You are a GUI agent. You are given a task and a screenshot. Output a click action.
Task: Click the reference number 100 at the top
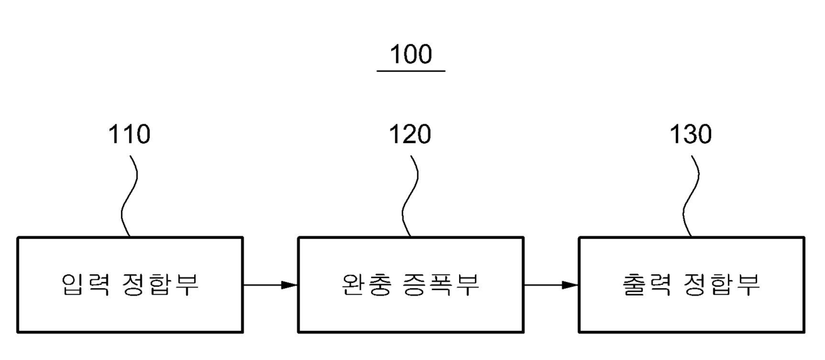[x=411, y=54]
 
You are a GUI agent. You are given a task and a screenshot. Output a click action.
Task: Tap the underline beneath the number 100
[x=411, y=71]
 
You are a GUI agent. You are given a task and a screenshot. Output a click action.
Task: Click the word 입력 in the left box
[x=85, y=284]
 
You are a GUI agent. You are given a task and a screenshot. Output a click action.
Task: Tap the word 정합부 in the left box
[x=160, y=284]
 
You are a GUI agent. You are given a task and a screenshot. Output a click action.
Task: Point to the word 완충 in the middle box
[x=366, y=284]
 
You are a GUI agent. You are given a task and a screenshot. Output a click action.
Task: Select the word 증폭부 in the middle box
[x=441, y=284]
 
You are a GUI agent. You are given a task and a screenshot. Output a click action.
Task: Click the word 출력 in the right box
[x=647, y=284]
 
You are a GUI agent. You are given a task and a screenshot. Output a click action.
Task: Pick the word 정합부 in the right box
[x=721, y=284]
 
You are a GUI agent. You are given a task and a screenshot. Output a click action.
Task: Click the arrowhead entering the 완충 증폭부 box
[x=289, y=285]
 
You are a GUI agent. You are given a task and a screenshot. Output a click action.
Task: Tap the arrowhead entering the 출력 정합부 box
[x=570, y=285]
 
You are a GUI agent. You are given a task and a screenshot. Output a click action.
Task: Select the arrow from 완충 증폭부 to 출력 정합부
[x=552, y=285]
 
